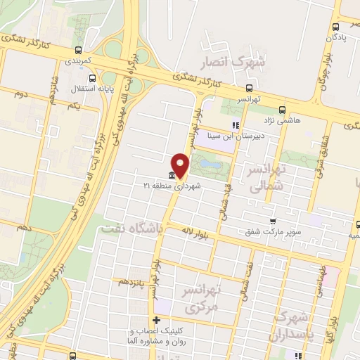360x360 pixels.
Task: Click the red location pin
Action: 181,165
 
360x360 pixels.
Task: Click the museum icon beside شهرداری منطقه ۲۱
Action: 172,175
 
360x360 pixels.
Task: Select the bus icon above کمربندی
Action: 77,51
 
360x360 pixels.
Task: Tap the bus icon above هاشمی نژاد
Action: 282,110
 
